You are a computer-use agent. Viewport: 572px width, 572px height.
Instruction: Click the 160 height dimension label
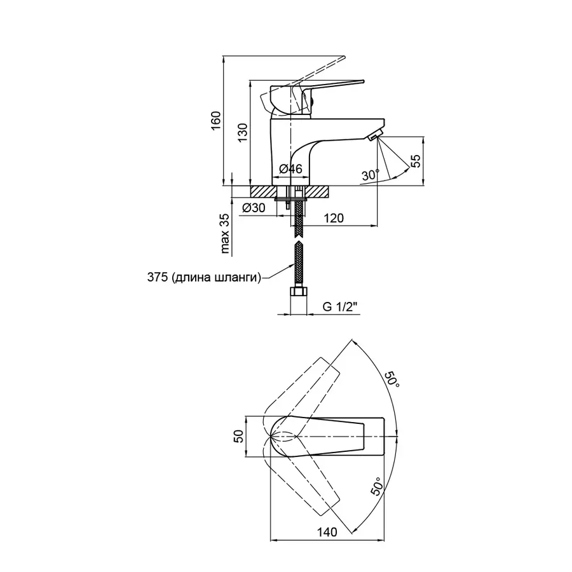215,120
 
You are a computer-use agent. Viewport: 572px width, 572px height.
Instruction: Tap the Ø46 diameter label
290,169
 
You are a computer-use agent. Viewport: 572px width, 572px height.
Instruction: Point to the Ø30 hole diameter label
254,208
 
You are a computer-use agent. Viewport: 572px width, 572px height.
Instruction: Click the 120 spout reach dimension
334,218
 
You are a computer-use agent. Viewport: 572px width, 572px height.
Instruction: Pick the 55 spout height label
416,161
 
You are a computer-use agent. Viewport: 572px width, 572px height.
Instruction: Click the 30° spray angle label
371,175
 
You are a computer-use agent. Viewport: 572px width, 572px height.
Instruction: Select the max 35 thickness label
225,233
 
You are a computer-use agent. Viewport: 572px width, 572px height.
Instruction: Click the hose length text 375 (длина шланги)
204,277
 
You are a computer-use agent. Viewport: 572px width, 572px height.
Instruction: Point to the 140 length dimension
327,532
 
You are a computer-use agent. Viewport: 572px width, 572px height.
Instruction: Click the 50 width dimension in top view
238,436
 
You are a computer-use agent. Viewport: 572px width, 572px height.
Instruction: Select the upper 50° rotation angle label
392,380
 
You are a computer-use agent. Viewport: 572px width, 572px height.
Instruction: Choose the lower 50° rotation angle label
377,487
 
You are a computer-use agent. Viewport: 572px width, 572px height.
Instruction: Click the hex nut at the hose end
299,292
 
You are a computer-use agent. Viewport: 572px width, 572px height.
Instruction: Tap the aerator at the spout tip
374,136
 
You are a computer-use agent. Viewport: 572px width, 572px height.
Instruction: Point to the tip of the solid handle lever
364,81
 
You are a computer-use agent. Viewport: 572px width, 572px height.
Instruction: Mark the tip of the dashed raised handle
344,57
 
